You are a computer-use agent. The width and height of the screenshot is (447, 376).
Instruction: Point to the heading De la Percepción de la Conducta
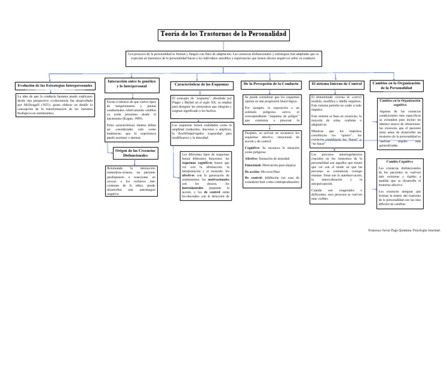click(x=271, y=84)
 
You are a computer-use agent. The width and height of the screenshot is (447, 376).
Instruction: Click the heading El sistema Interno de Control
click(x=337, y=84)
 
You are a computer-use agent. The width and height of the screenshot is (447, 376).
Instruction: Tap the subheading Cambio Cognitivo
click(x=400, y=161)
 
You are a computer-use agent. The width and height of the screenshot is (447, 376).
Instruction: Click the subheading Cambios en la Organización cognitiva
click(x=400, y=103)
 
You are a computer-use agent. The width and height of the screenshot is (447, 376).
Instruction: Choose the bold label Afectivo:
click(x=252, y=158)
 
